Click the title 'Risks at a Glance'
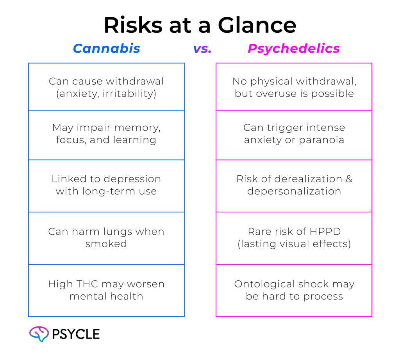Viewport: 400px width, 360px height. pos(200,25)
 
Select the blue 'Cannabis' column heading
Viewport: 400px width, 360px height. pos(106,49)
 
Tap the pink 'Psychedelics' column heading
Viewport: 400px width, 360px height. pos(294,49)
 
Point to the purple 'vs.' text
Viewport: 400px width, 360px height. pos(202,49)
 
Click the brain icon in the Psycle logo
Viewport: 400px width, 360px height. pos(39,334)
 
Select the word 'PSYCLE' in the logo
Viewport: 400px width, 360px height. pos(76,334)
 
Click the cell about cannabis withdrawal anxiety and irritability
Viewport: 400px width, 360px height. pos(106,87)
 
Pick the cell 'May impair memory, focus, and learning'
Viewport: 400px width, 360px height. pos(106,134)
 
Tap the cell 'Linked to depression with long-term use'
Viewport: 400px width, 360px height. pos(106,185)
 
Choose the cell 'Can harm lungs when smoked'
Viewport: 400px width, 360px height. pos(106,238)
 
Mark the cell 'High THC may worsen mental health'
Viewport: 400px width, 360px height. pos(106,290)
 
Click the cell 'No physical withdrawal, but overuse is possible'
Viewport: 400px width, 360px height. pos(294,87)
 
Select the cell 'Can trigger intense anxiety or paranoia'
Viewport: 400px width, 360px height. pos(294,134)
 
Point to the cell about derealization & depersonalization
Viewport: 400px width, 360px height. pos(294,185)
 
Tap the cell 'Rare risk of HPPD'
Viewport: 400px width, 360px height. pos(294,238)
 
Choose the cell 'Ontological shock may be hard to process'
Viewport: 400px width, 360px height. pos(294,290)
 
